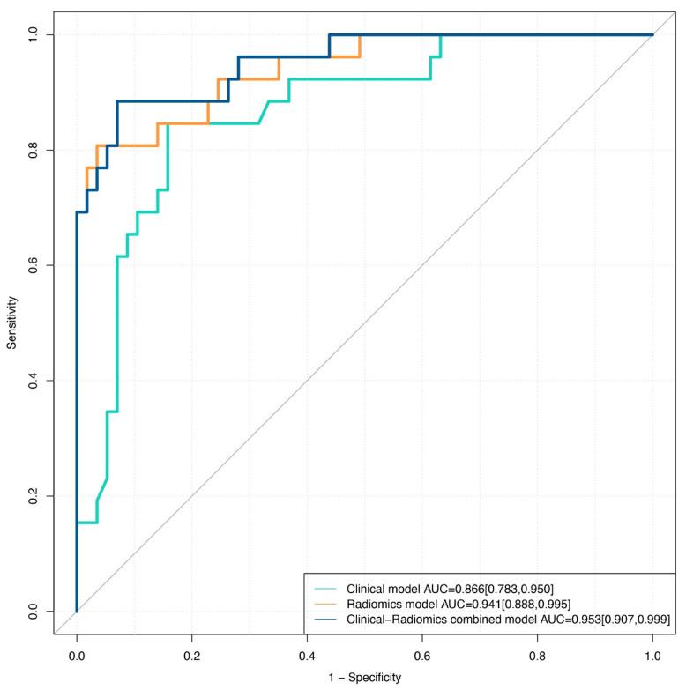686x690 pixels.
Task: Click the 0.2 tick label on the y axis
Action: (x=36, y=496)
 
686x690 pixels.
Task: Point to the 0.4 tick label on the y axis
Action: (x=36, y=381)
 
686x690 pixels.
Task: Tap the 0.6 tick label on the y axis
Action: (x=36, y=265)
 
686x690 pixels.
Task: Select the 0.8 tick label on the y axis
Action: (x=36, y=150)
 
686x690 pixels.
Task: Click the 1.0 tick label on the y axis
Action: (x=36, y=34)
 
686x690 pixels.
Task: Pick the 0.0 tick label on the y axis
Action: (x=36, y=612)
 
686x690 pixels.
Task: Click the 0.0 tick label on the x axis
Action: (x=77, y=656)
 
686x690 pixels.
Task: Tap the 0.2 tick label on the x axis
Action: (x=192, y=656)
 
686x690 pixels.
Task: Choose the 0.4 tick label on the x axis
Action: (x=307, y=656)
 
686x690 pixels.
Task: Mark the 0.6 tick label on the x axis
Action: (x=422, y=656)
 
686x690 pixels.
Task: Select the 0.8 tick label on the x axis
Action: (x=538, y=656)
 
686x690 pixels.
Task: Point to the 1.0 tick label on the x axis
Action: (x=652, y=656)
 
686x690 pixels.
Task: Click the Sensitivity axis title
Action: (x=12, y=323)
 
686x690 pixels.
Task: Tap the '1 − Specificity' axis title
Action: (x=364, y=679)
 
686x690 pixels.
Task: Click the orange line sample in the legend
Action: (x=325, y=605)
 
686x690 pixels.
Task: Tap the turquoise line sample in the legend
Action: (x=325, y=589)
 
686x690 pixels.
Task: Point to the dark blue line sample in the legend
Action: (x=325, y=620)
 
